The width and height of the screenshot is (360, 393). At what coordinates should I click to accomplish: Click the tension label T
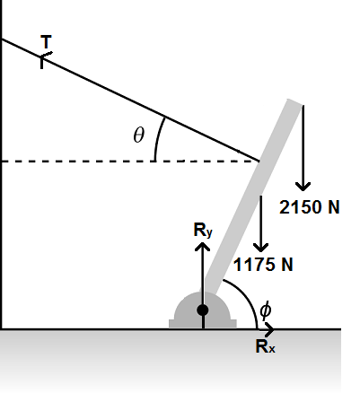[47, 42]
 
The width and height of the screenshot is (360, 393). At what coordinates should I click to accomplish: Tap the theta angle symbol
[138, 135]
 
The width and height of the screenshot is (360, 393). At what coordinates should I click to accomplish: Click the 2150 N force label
[310, 206]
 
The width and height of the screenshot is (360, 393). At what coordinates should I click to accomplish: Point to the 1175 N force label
[263, 265]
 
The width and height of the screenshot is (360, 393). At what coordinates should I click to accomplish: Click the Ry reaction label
[203, 231]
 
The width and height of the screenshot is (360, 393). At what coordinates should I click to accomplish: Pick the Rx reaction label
[265, 346]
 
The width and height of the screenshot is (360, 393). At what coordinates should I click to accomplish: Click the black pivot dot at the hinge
[203, 310]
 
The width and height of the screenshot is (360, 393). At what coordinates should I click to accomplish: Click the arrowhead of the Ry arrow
[203, 245]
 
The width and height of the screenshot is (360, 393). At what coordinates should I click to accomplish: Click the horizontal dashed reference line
[90, 162]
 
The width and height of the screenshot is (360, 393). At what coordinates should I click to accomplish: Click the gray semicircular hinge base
[185, 314]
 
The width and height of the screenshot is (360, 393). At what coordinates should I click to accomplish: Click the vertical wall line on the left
[2, 179]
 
